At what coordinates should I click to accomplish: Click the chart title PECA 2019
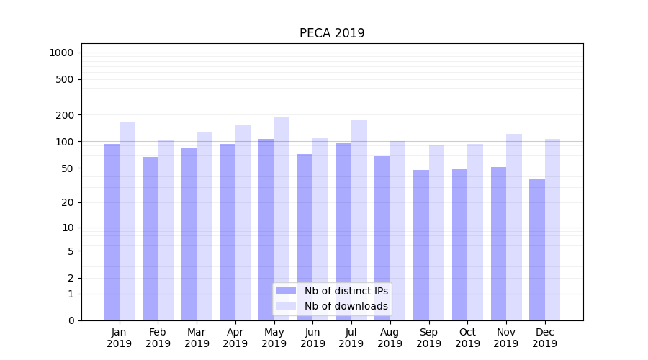[x=332, y=34]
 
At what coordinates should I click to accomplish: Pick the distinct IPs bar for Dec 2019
[x=537, y=249]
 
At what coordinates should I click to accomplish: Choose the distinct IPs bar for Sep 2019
[x=421, y=245]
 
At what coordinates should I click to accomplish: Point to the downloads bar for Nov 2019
[x=514, y=227]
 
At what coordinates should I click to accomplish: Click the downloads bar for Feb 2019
[x=166, y=230]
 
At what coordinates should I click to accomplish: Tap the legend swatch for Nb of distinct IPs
[x=286, y=291]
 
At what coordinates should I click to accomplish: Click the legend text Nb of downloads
[x=346, y=306]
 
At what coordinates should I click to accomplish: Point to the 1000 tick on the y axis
[x=61, y=53]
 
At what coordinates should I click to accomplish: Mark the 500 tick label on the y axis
[x=64, y=79]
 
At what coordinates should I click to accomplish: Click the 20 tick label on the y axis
[x=67, y=202]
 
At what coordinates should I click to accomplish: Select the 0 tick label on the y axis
[x=70, y=320]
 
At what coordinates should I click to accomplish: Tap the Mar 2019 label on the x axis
[x=197, y=338]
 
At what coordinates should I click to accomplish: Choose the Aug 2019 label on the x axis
[x=390, y=338]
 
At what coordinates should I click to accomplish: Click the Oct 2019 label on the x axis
[x=467, y=338]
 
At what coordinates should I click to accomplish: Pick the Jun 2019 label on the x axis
[x=312, y=338]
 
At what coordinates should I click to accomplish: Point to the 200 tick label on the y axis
[x=64, y=115]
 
